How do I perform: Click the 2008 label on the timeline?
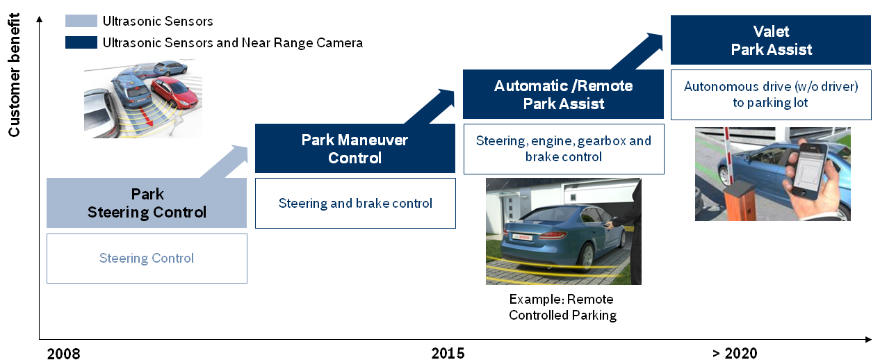pyautogui.click(x=63, y=353)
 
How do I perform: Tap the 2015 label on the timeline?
pyautogui.click(x=448, y=353)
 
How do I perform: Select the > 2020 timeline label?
pyautogui.click(x=735, y=353)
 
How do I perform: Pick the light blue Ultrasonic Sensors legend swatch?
pyautogui.click(x=81, y=21)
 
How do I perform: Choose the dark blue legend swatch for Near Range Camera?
pyautogui.click(x=81, y=43)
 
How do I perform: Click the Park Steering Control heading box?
pyautogui.click(x=147, y=203)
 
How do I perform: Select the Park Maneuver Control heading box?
pyautogui.click(x=355, y=149)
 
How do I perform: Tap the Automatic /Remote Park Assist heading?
pyautogui.click(x=563, y=95)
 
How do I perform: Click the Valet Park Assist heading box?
pyautogui.click(x=771, y=40)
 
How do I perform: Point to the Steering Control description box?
pyautogui.click(x=147, y=259)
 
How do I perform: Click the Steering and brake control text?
pyautogui.click(x=355, y=204)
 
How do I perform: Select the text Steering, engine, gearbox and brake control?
pyautogui.click(x=563, y=149)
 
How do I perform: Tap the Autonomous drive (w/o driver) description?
pyautogui.click(x=771, y=95)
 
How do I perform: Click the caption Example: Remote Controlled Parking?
pyautogui.click(x=562, y=307)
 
